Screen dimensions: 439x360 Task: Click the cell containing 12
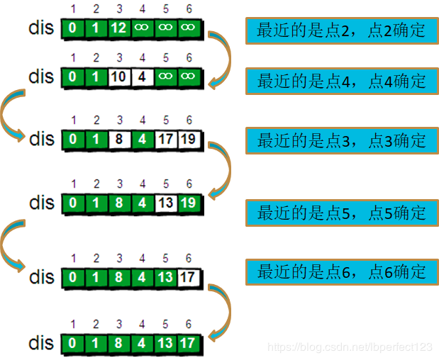(x=119, y=29)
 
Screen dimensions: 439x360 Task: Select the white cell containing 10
(x=119, y=77)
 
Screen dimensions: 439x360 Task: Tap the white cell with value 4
(x=143, y=77)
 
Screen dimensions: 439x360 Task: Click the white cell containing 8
(x=119, y=140)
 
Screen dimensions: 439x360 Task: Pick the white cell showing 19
(x=189, y=140)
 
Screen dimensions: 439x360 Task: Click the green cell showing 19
(x=189, y=203)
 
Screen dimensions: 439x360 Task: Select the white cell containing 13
(x=166, y=203)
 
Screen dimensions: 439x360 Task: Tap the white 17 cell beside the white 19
(x=166, y=140)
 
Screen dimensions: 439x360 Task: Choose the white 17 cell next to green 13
(x=189, y=277)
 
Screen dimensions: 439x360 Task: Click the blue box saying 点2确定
(x=341, y=30)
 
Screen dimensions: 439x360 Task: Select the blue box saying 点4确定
(x=341, y=81)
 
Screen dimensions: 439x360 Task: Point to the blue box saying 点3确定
(x=341, y=140)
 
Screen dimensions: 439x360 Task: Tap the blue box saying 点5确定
(x=341, y=213)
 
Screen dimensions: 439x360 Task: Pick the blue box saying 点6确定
(x=341, y=271)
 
